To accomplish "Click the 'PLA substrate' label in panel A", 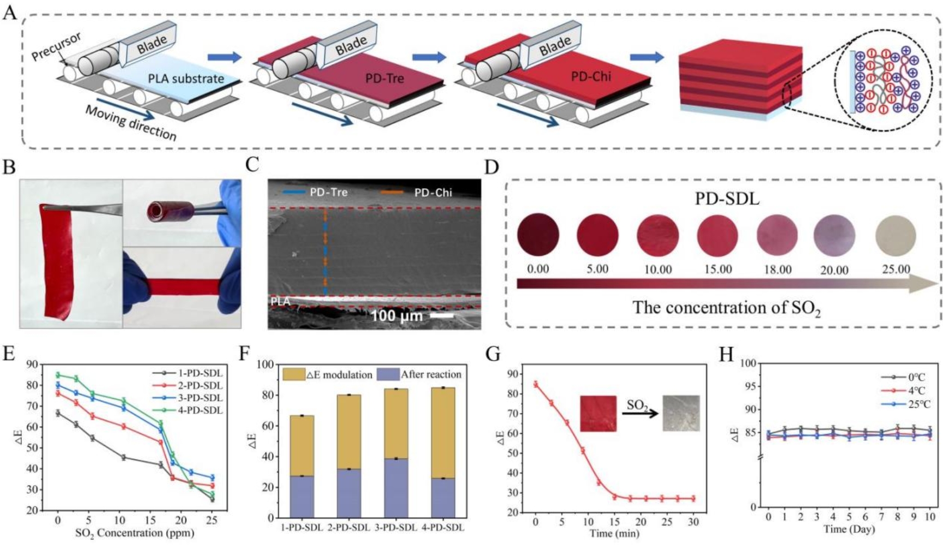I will [186, 79].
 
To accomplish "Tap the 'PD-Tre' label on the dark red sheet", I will [384, 79].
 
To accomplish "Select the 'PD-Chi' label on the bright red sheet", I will [591, 76].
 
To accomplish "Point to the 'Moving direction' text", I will [131, 122].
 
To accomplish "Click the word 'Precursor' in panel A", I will [56, 46].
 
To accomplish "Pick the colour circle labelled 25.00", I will [896, 236].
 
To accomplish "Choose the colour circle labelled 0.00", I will [538, 235].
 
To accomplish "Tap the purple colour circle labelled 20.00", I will [834, 236].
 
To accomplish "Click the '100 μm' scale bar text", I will [396, 316].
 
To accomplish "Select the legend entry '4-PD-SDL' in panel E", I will [200, 410].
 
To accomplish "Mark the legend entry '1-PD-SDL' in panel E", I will [200, 374].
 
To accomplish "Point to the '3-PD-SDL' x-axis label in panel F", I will [395, 528].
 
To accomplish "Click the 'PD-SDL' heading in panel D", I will [727, 199].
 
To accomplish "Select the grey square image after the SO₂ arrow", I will [681, 413].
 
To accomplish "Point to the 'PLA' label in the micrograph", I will [280, 301].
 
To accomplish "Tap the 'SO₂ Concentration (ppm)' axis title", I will [134, 532].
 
